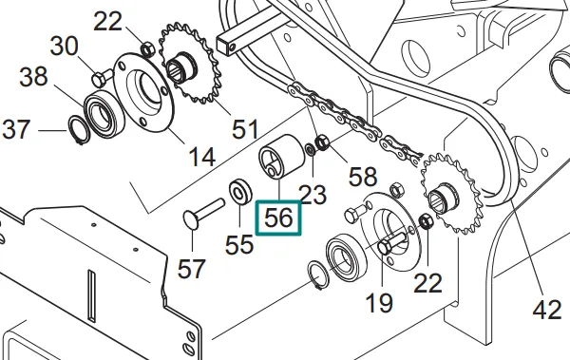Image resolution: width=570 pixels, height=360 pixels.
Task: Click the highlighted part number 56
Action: [x=280, y=217]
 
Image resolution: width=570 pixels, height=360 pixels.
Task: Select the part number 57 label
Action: [x=192, y=269]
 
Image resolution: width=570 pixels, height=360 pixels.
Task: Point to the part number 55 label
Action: [x=238, y=244]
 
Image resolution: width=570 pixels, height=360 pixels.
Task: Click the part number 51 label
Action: [x=244, y=128]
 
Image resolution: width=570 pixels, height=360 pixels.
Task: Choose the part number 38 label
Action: [x=33, y=80]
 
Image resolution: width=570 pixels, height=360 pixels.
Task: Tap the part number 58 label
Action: [x=363, y=176]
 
